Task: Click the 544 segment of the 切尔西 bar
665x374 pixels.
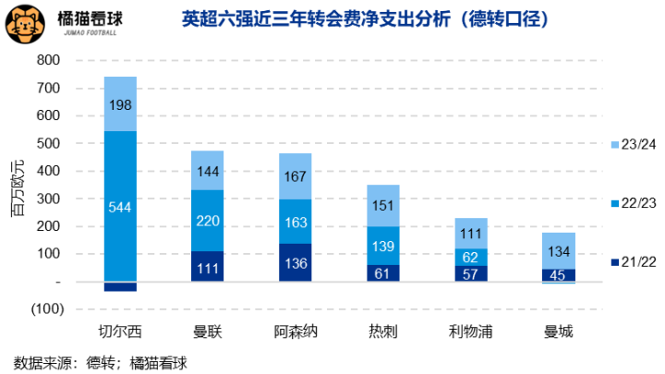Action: click(120, 206)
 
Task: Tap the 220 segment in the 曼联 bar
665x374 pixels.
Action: click(208, 221)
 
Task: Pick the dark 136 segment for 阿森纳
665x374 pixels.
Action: click(296, 262)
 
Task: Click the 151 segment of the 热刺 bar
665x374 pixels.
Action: click(383, 205)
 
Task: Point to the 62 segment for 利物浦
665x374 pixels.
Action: click(471, 257)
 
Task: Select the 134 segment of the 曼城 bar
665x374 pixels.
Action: click(559, 250)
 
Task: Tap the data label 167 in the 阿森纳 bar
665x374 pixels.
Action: click(296, 176)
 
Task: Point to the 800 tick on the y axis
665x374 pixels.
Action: click(47, 61)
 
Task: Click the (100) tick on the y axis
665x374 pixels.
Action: click(43, 308)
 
